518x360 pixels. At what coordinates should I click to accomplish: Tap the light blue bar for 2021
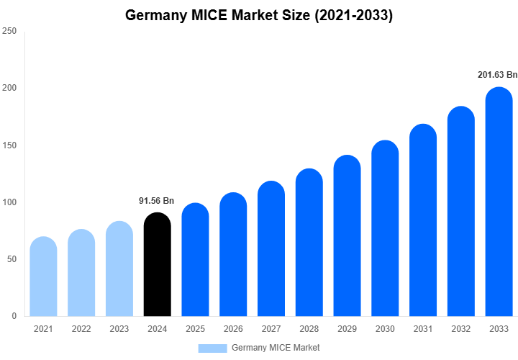[x=43, y=276]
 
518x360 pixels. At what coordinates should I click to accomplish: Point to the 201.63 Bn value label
[x=498, y=75]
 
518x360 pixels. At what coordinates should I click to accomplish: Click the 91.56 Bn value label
[x=157, y=201]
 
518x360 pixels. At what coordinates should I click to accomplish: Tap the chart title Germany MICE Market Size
[x=259, y=15]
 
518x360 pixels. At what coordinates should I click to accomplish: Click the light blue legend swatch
[x=212, y=348]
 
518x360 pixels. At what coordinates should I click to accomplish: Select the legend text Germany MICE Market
[x=276, y=348]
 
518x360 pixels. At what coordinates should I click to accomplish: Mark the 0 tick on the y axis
[x=14, y=316]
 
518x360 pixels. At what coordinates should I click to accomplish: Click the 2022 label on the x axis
[x=81, y=329]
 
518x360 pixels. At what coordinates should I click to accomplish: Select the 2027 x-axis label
[x=271, y=329]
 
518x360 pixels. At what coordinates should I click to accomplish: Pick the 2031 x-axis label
[x=423, y=329]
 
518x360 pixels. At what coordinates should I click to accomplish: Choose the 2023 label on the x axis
[x=119, y=329]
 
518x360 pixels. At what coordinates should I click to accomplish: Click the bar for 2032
[x=461, y=212]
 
